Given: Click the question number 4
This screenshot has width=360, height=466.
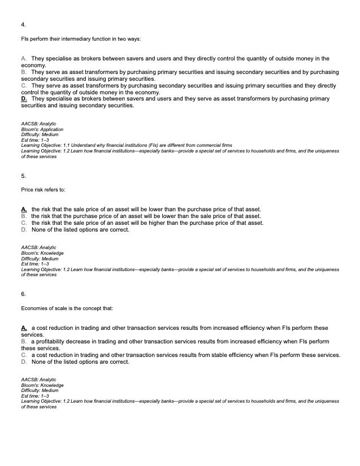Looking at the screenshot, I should (x=23, y=25).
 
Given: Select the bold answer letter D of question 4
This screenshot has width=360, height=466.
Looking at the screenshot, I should (x=24, y=99).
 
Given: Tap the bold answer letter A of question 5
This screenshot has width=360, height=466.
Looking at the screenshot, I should (x=24, y=210).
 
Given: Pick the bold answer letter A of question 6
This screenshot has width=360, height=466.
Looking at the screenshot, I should (x=24, y=328).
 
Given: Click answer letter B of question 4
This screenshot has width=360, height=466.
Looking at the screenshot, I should (x=23, y=72).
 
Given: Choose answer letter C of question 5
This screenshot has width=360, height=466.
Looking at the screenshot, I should (x=23, y=223).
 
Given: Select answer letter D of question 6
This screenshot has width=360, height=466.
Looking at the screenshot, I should (x=23, y=362).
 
